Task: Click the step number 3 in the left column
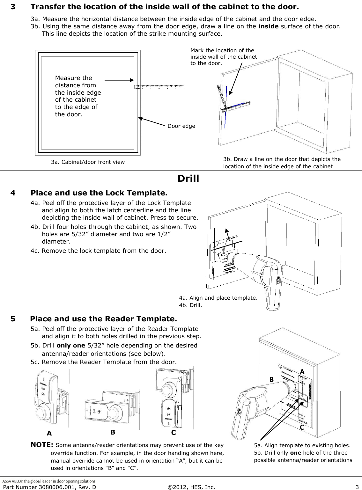point(13,7)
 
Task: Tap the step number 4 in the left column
point(13,193)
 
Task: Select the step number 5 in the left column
point(13,319)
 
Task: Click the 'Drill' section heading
point(188,178)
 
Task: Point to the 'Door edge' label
point(181,126)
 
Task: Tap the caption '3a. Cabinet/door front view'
point(88,162)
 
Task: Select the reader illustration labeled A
point(51,399)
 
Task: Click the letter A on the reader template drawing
point(302,372)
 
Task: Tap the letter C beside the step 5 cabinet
point(301,428)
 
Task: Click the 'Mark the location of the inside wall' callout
point(223,57)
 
